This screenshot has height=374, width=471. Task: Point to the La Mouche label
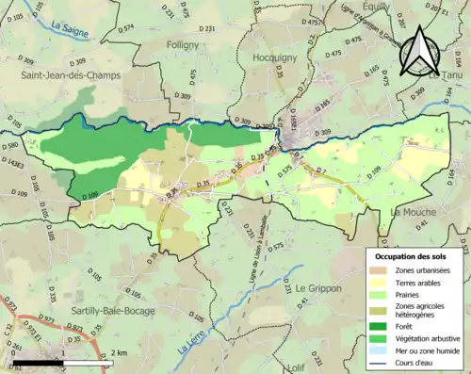(417, 213)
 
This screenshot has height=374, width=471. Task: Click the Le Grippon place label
(322, 287)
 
